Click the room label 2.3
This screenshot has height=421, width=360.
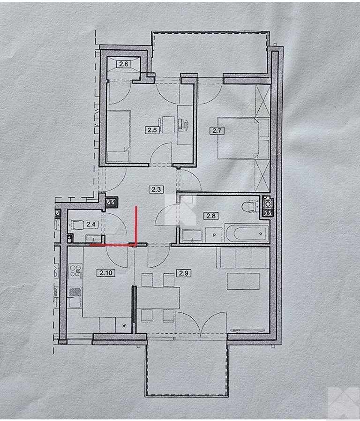(155, 190)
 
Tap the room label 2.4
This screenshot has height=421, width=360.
(90, 224)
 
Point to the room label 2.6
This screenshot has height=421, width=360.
(124, 64)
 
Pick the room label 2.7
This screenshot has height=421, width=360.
(217, 131)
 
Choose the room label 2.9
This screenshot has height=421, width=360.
(180, 271)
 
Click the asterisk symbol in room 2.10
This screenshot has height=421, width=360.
(124, 325)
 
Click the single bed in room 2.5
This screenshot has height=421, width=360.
(118, 136)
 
